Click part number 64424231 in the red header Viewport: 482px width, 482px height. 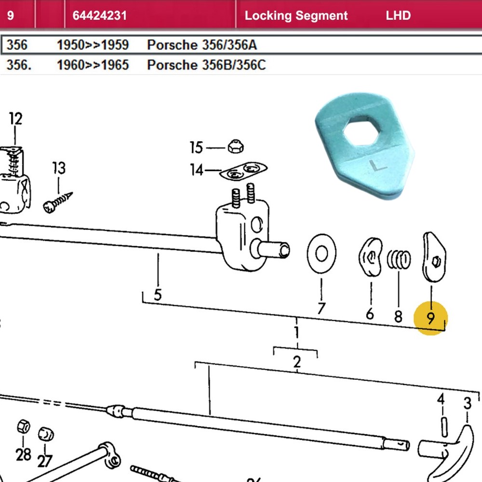click(100, 15)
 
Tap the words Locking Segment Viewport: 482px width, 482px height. click(296, 16)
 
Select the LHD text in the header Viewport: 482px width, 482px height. click(398, 15)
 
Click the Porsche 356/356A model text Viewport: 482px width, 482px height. click(201, 45)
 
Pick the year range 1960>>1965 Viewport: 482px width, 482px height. click(93, 65)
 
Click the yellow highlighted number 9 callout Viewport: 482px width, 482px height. click(430, 318)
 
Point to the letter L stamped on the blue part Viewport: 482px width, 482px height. click(378, 166)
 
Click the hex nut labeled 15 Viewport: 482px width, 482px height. click(236, 147)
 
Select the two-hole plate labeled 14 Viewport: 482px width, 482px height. click(243, 171)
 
